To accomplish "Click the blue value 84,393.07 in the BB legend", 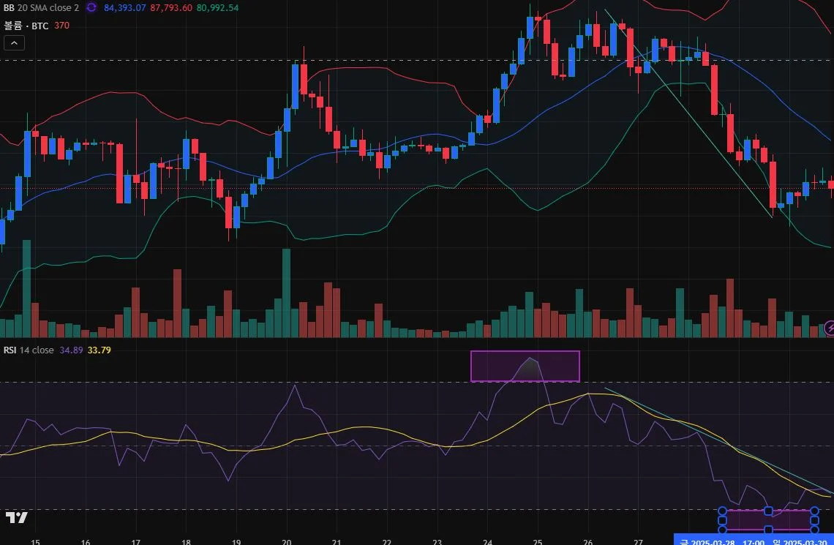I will [x=125, y=7].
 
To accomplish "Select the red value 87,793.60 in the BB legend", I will [x=172, y=7].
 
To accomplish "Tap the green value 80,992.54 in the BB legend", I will [x=218, y=7].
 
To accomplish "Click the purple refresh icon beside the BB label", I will [x=91, y=7].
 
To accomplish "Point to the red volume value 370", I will [x=62, y=26].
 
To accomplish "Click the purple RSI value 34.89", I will [x=71, y=350].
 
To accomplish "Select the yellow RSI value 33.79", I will [x=99, y=350].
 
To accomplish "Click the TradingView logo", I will [x=16, y=518].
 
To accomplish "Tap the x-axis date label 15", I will [x=35, y=542].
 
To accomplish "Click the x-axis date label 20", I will [x=286, y=542].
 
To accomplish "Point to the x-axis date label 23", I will [x=437, y=542].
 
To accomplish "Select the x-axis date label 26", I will [x=587, y=542].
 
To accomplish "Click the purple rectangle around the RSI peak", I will [x=525, y=367].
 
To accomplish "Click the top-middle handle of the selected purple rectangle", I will [x=768, y=511].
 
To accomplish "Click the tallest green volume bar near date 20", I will [x=286, y=293].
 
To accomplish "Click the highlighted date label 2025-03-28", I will [x=713, y=541].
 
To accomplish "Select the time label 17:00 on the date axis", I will [x=754, y=541].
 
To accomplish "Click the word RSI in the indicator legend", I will [x=10, y=350].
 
